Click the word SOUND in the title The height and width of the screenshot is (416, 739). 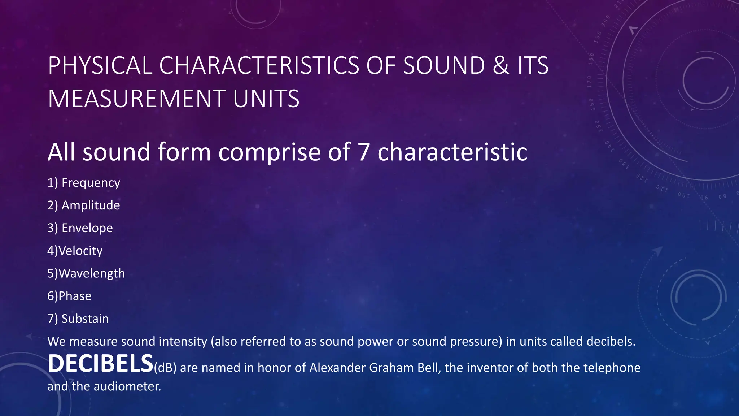pyautogui.click(x=443, y=66)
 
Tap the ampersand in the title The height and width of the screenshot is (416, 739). pyautogui.click(x=501, y=66)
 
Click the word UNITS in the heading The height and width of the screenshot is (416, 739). pyautogui.click(x=266, y=99)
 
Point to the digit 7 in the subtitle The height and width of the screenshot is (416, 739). pyautogui.click(x=364, y=152)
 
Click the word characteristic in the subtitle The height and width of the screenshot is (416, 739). pyautogui.click(x=452, y=152)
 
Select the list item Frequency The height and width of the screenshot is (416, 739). pyautogui.click(x=91, y=183)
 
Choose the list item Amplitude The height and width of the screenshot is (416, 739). pyautogui.click(x=91, y=205)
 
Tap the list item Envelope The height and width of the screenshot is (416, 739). pyautogui.click(x=87, y=228)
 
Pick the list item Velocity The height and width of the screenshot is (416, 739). pyautogui.click(x=80, y=251)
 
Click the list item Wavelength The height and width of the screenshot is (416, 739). pyautogui.click(x=92, y=273)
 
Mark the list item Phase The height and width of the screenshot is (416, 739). pyautogui.click(x=75, y=296)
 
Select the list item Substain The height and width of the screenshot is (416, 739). pyautogui.click(x=85, y=319)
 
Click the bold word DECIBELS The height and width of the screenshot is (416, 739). pyautogui.click(x=100, y=364)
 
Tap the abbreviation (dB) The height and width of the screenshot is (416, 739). pyautogui.click(x=165, y=368)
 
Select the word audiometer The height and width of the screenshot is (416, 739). pyautogui.click(x=127, y=387)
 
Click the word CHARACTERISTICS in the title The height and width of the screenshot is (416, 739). pyautogui.click(x=259, y=66)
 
